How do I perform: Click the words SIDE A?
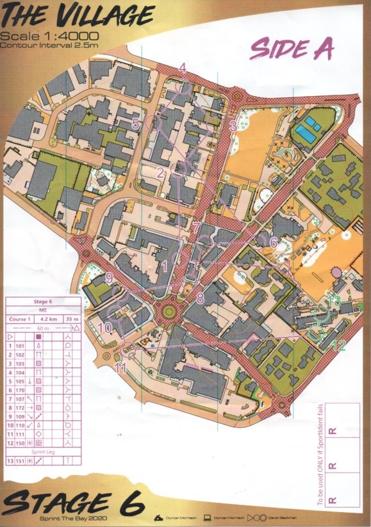[292, 48]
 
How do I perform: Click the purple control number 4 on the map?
[183, 67]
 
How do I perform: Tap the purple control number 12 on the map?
[340, 346]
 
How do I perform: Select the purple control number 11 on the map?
[120, 367]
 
